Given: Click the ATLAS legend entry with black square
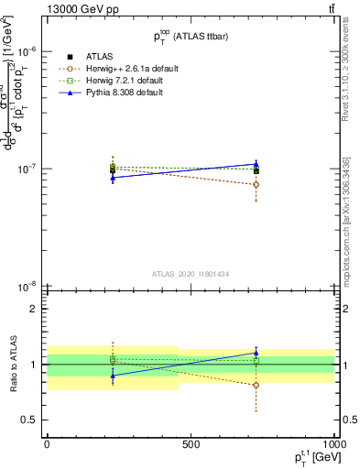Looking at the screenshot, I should (101, 58).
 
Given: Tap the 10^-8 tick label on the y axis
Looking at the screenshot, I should (27, 287).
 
